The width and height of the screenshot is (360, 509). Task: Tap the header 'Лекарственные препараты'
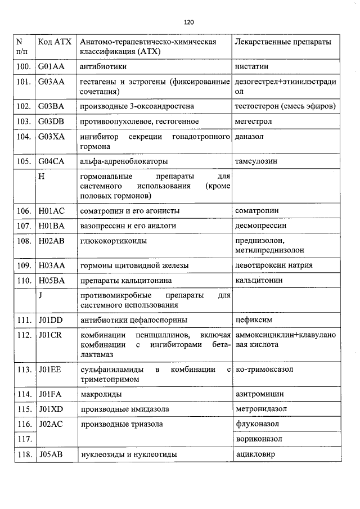[x=282, y=43]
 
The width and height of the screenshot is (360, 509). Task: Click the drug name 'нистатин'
[x=251, y=66]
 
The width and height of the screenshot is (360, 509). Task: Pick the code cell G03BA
[x=51, y=106]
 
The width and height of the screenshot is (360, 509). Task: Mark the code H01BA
[x=52, y=226]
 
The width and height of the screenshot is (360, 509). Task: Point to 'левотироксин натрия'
[x=273, y=265]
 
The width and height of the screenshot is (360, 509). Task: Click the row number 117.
[x=24, y=439]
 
